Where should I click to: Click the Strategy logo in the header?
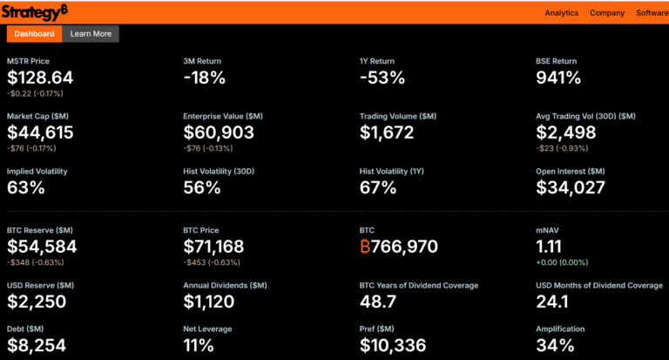(34, 11)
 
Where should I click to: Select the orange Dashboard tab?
(35, 34)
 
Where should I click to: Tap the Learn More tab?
(91, 34)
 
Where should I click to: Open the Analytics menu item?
(561, 13)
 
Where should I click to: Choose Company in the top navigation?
(607, 13)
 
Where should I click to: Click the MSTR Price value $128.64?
(40, 78)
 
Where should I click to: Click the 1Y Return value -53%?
(382, 78)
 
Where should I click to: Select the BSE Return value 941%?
(557, 78)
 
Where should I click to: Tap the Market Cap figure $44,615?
(40, 132)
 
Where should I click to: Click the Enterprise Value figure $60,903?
(219, 132)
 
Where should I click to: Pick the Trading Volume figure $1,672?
(392, 132)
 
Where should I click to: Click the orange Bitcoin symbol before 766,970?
(365, 247)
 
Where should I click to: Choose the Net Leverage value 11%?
(201, 346)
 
